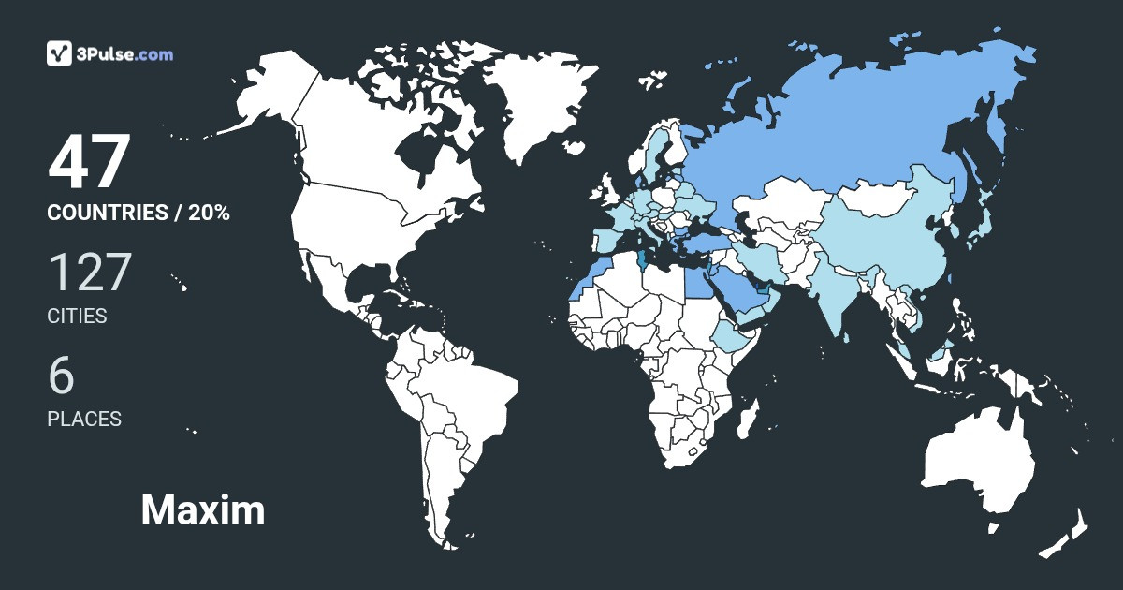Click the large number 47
[x=88, y=163]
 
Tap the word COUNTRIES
[x=106, y=213]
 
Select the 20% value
[x=208, y=213]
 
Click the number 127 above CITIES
[x=89, y=273]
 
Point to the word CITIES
[x=77, y=317]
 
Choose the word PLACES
[x=84, y=420]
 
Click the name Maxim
[x=203, y=510]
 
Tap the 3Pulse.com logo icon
[x=60, y=53]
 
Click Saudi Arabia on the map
[x=736, y=291]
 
